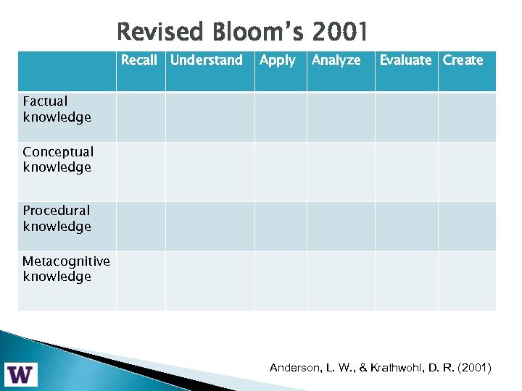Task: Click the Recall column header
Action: (139, 60)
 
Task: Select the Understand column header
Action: (207, 60)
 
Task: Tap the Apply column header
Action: (278, 60)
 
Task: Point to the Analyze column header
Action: (336, 60)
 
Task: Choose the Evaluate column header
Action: (405, 60)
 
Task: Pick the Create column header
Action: (463, 60)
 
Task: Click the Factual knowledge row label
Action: (57, 109)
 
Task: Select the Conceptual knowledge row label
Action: (58, 159)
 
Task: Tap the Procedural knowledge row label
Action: (57, 218)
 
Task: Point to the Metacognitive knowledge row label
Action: (66, 269)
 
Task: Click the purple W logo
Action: (21, 374)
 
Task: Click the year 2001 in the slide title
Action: (340, 32)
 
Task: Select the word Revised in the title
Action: (159, 32)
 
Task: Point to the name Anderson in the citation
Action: (296, 368)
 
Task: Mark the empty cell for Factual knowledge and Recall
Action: (141, 117)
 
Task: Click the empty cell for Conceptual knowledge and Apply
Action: (281, 172)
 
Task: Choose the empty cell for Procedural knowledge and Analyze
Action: (341, 227)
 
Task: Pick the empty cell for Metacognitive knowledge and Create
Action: (467, 281)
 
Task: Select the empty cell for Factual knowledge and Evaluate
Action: (406, 117)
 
